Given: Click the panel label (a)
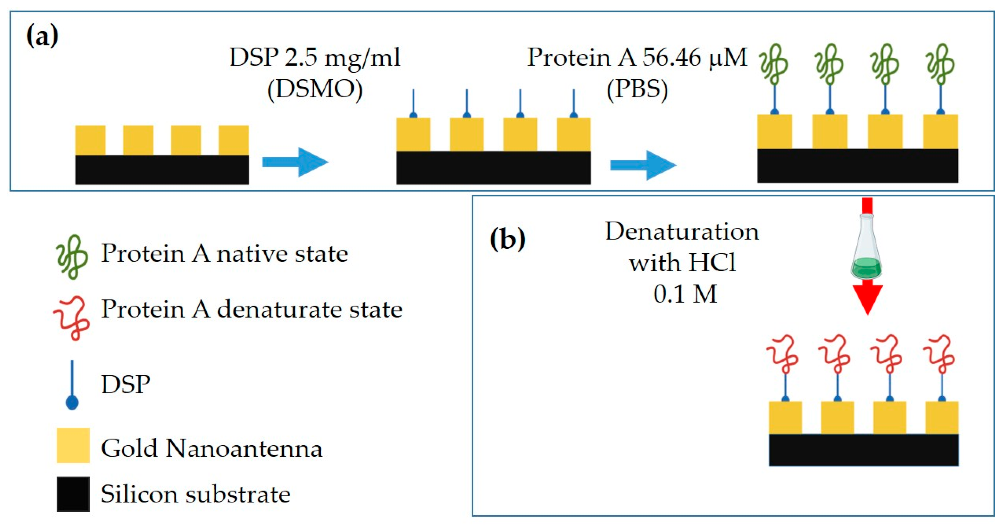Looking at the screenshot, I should click(x=42, y=36).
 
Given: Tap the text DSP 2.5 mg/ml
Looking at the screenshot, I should click(x=315, y=57).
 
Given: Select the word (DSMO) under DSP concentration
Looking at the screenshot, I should click(x=315, y=89).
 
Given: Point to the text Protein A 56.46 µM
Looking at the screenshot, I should click(x=637, y=57).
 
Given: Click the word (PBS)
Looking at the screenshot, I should click(x=637, y=89).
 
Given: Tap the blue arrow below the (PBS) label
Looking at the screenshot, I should click(x=643, y=165).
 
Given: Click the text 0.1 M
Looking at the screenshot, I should click(x=685, y=294).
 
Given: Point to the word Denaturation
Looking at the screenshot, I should click(x=682, y=231).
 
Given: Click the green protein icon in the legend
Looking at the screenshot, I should click(x=72, y=257).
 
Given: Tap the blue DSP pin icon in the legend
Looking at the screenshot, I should click(x=72, y=385).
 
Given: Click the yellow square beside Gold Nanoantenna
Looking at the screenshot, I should click(x=73, y=445).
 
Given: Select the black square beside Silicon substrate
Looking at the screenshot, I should click(x=73, y=494).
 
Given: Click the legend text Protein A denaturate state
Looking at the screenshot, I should click(x=252, y=309).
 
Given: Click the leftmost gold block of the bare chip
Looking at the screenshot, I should click(x=90, y=140).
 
